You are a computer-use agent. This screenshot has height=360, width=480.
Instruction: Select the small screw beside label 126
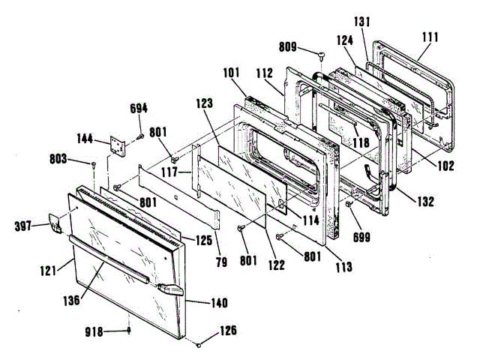point(199,344)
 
